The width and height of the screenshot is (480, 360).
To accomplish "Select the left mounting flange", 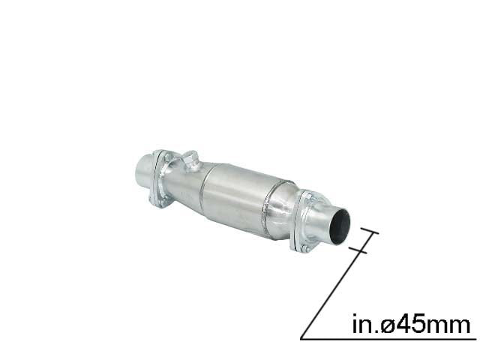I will click(160, 179).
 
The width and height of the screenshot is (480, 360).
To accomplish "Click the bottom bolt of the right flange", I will click(304, 247).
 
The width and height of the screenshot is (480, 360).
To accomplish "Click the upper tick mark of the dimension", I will click(370, 230).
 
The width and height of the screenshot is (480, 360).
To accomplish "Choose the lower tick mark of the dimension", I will click(358, 251).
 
